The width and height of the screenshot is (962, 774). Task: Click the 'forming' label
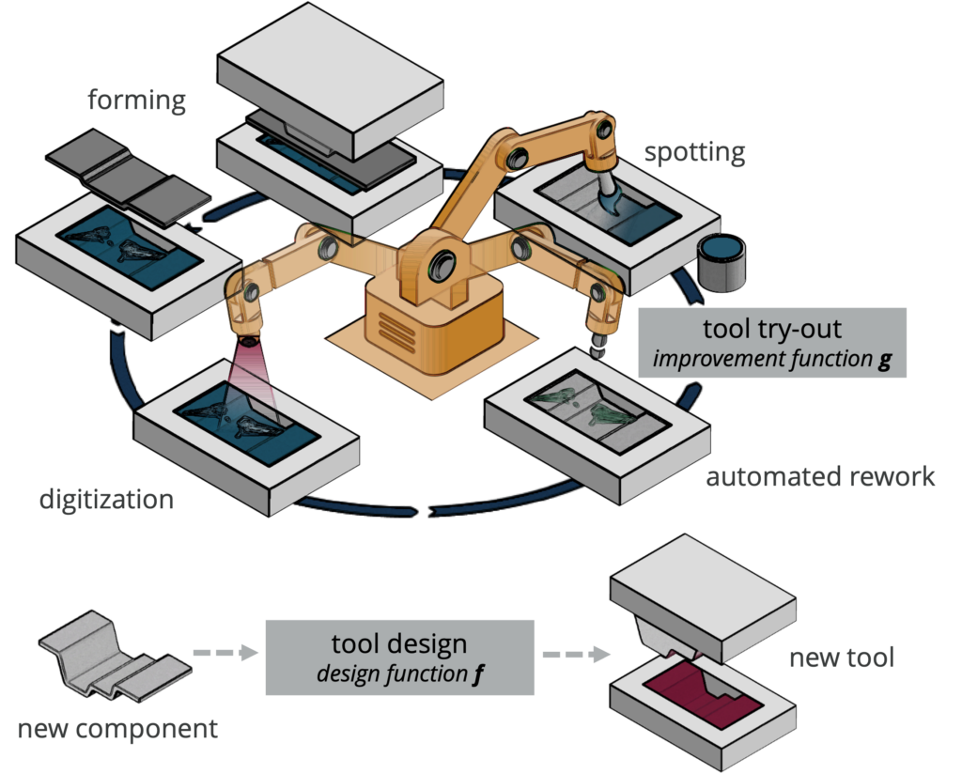[137, 100]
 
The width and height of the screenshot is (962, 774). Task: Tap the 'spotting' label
[695, 152]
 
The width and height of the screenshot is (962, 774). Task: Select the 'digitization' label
[106, 499]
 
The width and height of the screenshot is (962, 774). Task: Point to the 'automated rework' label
[820, 476]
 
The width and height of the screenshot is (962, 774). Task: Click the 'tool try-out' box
[772, 343]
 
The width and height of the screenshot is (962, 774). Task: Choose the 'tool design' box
[399, 657]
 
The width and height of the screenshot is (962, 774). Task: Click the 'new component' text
[117, 728]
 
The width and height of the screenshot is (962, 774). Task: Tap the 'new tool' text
[841, 658]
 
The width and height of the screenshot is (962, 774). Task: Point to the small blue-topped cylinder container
[723, 263]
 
